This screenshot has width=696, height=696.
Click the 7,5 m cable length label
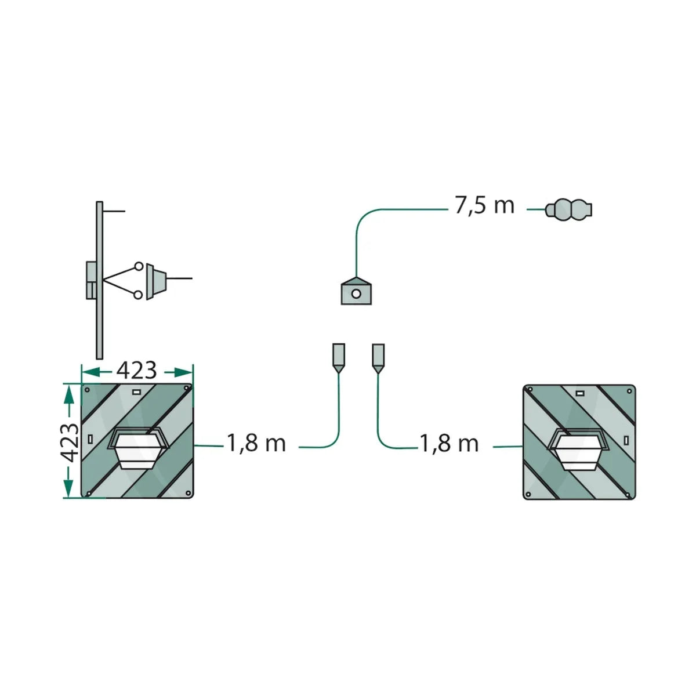[484, 206]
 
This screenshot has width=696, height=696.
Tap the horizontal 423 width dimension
[136, 370]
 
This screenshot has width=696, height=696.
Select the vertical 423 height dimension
[70, 443]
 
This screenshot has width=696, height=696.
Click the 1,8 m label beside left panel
[256, 443]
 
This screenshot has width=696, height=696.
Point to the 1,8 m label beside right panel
[449, 444]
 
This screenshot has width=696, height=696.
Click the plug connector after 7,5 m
[568, 209]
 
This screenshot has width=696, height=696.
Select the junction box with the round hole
[356, 291]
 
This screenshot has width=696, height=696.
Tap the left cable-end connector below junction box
[338, 358]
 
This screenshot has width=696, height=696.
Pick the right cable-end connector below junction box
[378, 358]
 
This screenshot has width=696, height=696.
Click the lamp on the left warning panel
[138, 448]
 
